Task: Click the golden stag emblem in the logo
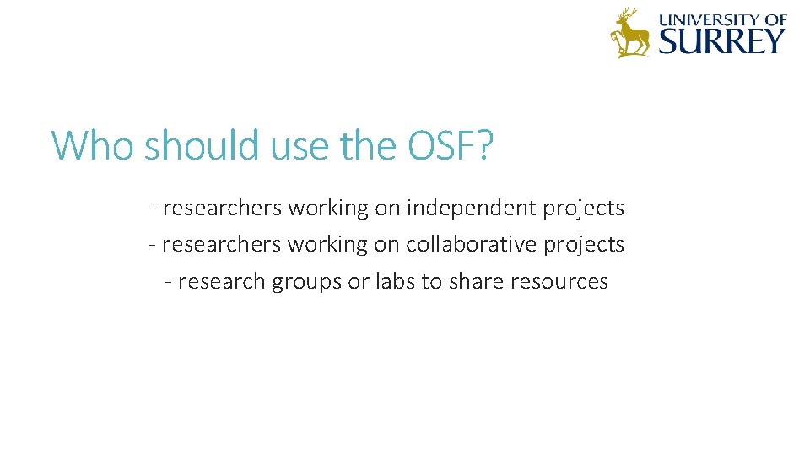pyautogui.click(x=629, y=33)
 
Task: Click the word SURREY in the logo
pyautogui.click(x=722, y=41)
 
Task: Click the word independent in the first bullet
pyautogui.click(x=471, y=208)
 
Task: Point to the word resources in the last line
pyautogui.click(x=559, y=282)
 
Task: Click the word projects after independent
pyautogui.click(x=583, y=209)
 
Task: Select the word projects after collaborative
pyautogui.click(x=583, y=246)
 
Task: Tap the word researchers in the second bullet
pyautogui.click(x=222, y=245)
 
